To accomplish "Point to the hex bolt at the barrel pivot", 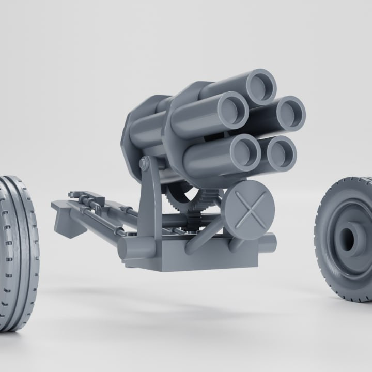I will pos(144,164).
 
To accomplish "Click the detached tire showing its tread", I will pos(18,253).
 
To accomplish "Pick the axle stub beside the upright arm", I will pos(136,247).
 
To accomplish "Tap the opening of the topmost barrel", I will pos(261,87).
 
